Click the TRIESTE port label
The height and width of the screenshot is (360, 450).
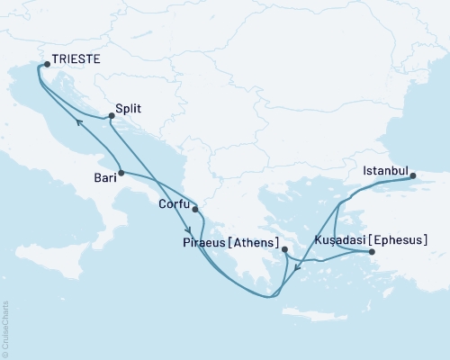[x=76, y=63]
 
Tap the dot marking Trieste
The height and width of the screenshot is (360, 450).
[x=47, y=64]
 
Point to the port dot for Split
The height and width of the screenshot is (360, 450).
[x=111, y=115]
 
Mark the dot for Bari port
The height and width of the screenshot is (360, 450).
[x=120, y=172]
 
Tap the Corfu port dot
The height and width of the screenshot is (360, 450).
[x=194, y=210]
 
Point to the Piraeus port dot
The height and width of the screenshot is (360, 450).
[x=283, y=249]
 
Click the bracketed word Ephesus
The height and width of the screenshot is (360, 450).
[x=399, y=240]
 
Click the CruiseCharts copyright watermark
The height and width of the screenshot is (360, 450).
[x=6, y=328]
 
